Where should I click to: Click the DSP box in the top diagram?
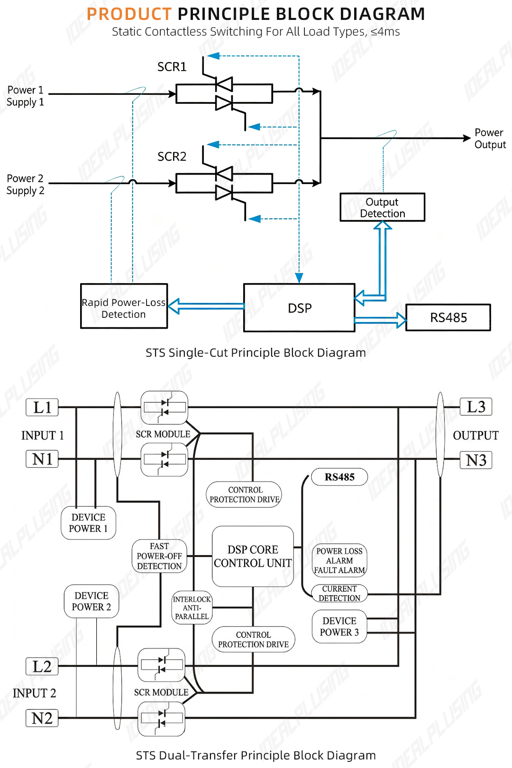point(299,307)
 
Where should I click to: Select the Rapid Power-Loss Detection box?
point(124,306)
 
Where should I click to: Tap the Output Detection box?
point(383,207)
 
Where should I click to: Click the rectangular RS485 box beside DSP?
point(448,317)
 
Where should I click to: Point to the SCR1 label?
point(172,67)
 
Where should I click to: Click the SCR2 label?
point(172,157)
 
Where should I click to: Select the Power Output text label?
point(490,139)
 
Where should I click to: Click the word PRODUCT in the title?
point(129,14)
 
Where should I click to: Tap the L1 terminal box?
point(42,407)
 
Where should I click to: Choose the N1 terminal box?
point(42,459)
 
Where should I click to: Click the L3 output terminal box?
point(476,407)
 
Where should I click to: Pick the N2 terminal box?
point(42,718)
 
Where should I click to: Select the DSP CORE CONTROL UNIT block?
point(253,556)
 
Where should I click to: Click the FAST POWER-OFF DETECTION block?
point(159,556)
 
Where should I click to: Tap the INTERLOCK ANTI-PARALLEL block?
point(192,608)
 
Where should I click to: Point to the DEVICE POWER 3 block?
point(339,626)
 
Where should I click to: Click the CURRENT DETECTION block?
point(339,593)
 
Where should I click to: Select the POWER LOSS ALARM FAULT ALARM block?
point(339,561)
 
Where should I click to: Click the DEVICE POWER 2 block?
point(91,601)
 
